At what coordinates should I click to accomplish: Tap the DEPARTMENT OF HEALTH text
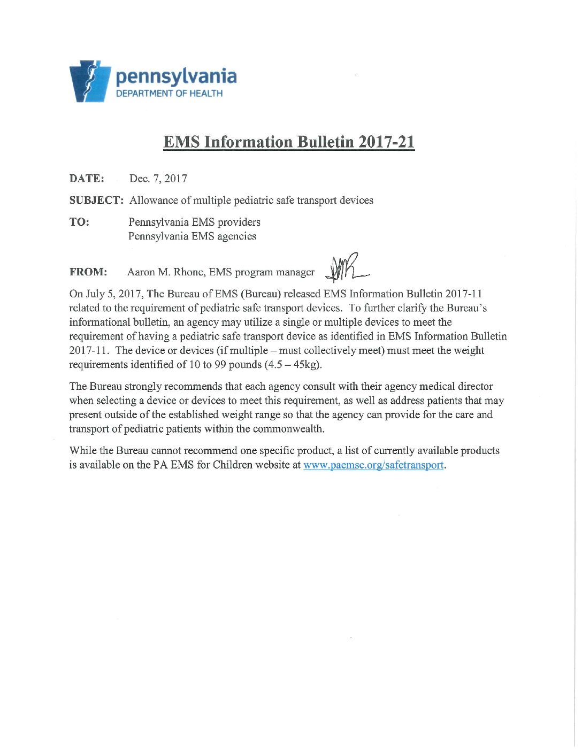pos(170,94)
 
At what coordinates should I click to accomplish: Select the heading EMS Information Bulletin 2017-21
pos(289,142)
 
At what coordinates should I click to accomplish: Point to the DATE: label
pos(87,179)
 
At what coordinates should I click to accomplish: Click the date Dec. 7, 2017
pos(158,179)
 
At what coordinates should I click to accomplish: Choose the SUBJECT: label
pos(96,201)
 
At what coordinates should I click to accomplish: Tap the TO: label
pos(79,222)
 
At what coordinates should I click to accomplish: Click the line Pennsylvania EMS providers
pos(194,222)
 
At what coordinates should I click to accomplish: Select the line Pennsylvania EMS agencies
pos(192,236)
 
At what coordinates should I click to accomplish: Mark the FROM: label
pos(88,272)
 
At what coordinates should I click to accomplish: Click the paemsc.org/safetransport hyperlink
pos(373,465)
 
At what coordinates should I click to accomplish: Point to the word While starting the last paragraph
pos(83,451)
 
